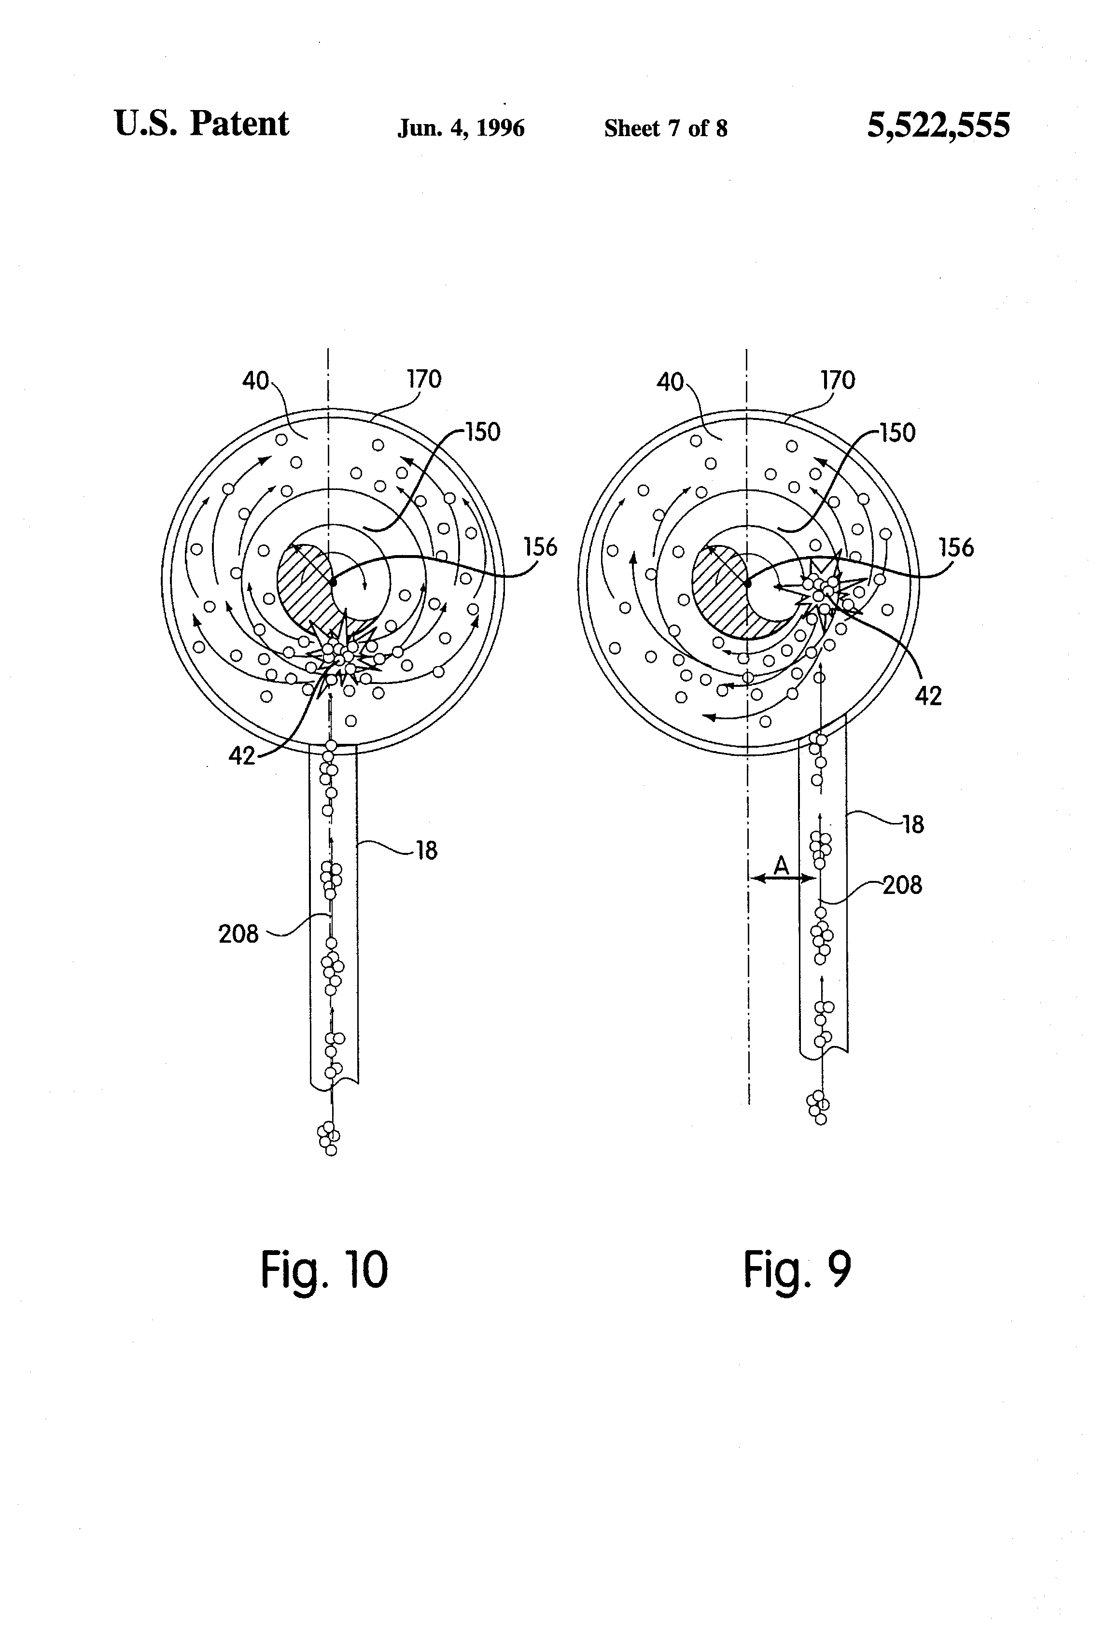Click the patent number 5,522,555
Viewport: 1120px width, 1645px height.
(939, 126)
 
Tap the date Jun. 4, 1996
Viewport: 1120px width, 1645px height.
(461, 128)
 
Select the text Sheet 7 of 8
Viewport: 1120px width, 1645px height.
(666, 128)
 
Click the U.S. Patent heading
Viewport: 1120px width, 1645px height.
(202, 124)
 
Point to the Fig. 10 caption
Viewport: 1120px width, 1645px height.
(324, 1270)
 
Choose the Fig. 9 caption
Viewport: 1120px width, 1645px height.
(797, 1270)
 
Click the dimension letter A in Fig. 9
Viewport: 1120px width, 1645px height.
(781, 864)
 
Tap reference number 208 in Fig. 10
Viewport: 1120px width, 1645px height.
(238, 934)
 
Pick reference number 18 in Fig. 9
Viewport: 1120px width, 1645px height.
(913, 824)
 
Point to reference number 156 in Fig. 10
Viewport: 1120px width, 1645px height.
(540, 547)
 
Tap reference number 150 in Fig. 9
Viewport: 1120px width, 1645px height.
(898, 432)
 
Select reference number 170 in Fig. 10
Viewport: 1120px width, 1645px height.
(424, 379)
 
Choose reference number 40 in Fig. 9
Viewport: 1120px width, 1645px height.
(670, 382)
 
